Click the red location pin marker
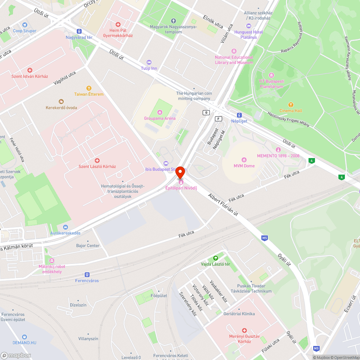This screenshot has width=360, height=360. click(x=180, y=173)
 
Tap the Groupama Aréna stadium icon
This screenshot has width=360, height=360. click(x=160, y=112)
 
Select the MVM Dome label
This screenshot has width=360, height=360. click(x=244, y=166)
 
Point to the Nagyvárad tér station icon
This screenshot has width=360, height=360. click(x=79, y=31)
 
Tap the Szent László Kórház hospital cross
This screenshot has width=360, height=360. click(x=97, y=160)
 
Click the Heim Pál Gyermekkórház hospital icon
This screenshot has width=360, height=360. click(x=118, y=24)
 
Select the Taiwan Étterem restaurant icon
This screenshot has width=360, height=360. click(x=89, y=88)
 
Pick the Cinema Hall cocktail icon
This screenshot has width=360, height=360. click(x=291, y=104)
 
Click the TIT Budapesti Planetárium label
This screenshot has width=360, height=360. click(x=271, y=84)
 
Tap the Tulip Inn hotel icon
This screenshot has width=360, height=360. click(x=149, y=62)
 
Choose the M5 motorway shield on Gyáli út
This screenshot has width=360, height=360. click(x=265, y=238)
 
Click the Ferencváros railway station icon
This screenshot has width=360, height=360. click(x=87, y=275)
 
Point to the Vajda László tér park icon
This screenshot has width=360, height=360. click(x=215, y=258)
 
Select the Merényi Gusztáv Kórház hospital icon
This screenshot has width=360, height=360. click(x=244, y=330)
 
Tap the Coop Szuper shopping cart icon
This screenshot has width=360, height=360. click(x=24, y=25)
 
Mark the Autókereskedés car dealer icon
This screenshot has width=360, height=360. click(x=65, y=227)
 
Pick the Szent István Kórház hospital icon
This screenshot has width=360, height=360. click(x=30, y=70)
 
